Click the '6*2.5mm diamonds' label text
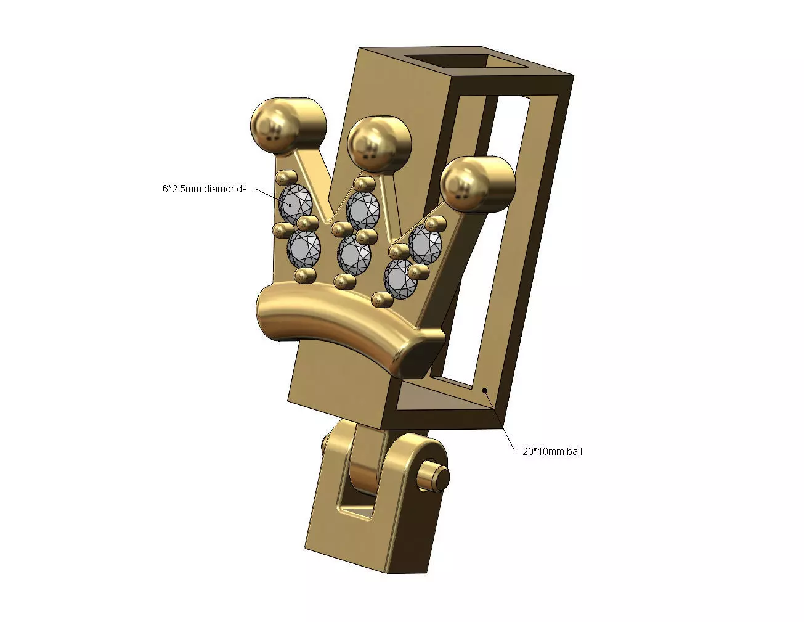[205, 189]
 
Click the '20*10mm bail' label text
[552, 451]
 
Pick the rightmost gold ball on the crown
[477, 181]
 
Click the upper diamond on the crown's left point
[297, 203]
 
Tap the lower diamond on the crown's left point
[304, 248]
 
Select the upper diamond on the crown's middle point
[362, 210]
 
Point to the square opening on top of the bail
[469, 63]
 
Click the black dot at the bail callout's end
[485, 390]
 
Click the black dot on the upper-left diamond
[289, 203]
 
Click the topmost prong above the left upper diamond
[283, 178]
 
